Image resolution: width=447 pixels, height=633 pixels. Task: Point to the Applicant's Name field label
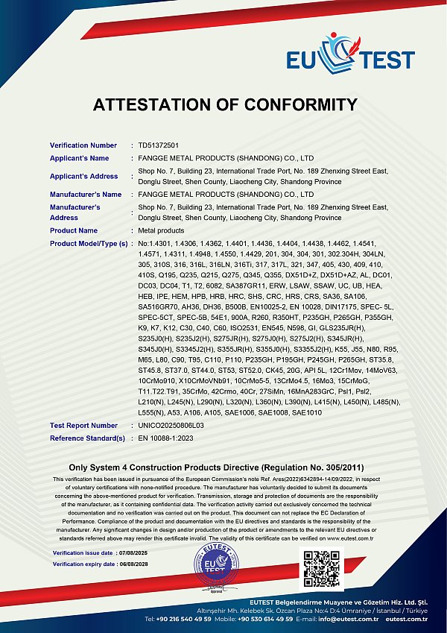(x=80, y=159)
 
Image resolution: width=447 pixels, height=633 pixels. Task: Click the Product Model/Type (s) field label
(x=89, y=244)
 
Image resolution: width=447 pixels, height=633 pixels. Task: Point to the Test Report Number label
(x=84, y=426)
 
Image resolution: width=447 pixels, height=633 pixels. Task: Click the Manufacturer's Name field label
(x=86, y=195)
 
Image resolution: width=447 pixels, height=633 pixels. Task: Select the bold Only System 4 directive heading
(x=223, y=466)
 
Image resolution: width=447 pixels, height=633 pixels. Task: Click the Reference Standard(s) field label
(x=87, y=438)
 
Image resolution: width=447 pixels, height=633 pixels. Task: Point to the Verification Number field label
(x=83, y=145)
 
